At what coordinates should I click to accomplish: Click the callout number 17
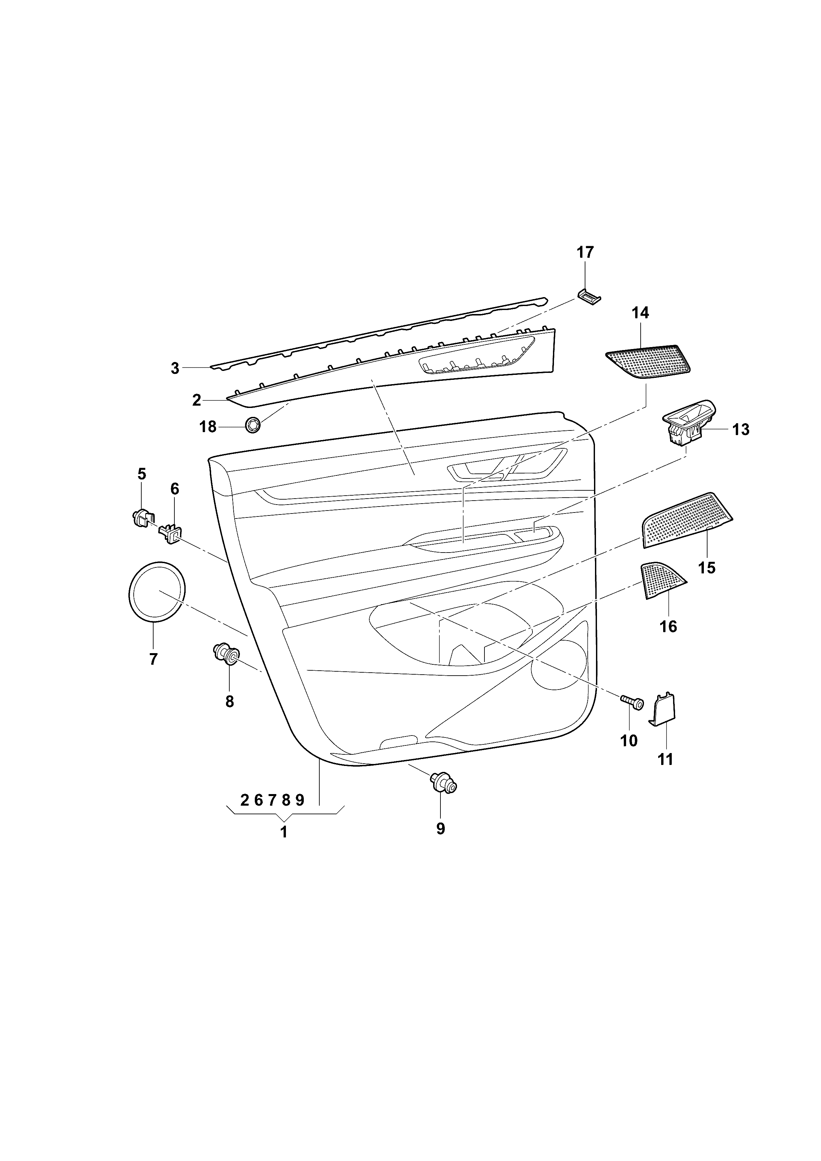(x=585, y=252)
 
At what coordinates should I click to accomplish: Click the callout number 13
(x=741, y=430)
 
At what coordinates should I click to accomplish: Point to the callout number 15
(x=707, y=568)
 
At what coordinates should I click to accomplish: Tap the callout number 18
(x=207, y=427)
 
